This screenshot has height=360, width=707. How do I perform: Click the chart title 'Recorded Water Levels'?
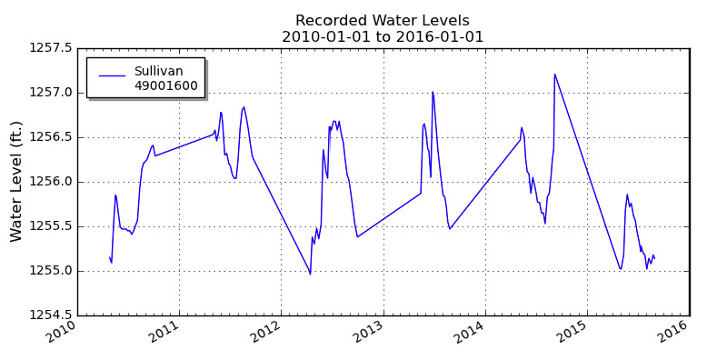click(x=383, y=21)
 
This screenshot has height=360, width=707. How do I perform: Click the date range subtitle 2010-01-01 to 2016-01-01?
click(x=383, y=37)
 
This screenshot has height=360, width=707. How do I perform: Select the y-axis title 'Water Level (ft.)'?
click(x=16, y=181)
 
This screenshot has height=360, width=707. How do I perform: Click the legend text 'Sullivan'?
click(x=158, y=71)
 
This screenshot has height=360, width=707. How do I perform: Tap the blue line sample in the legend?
click(x=112, y=77)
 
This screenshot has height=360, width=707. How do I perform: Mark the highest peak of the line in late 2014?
click(x=554, y=75)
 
